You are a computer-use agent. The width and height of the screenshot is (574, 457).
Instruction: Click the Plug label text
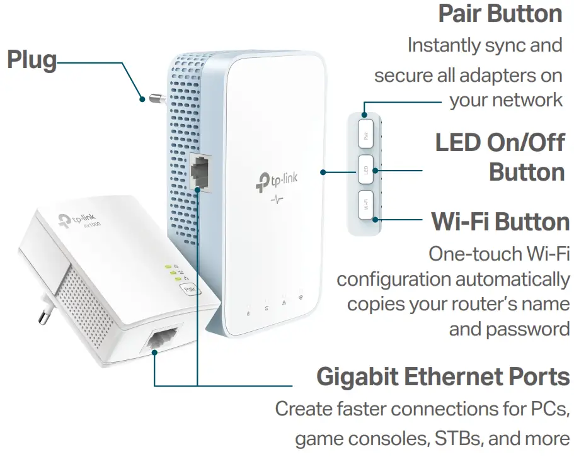point(32,60)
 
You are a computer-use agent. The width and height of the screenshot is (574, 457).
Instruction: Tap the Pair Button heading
point(500,14)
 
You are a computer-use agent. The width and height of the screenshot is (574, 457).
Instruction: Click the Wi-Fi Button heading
point(500,222)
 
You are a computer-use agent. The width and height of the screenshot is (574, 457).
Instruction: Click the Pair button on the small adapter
point(188,290)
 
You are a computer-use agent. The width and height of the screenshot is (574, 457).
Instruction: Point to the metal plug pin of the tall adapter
point(154,98)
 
